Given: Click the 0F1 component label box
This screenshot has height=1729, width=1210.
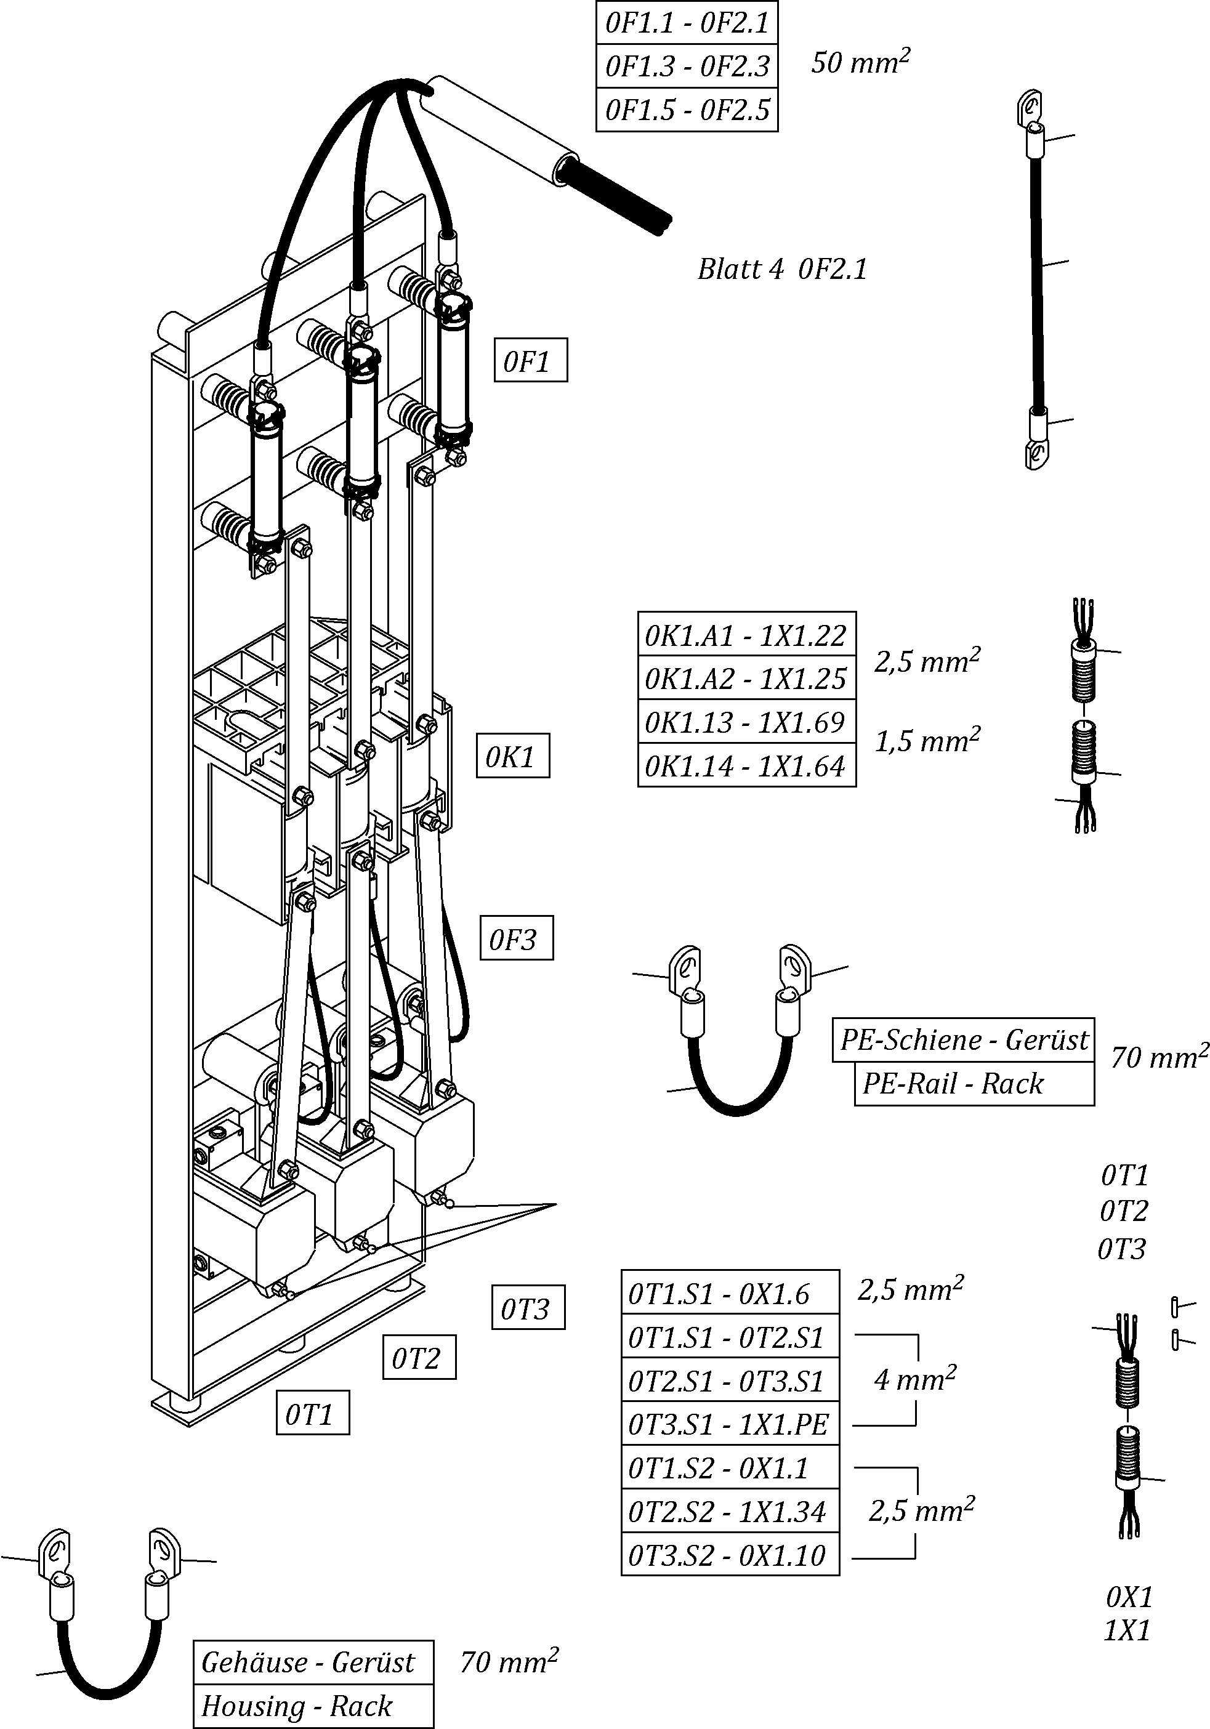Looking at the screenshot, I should [530, 361].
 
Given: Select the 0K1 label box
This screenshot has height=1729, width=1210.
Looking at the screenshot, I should [512, 756].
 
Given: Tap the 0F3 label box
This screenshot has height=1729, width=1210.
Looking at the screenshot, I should [516, 938].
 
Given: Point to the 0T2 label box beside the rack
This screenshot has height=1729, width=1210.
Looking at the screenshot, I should [419, 1358].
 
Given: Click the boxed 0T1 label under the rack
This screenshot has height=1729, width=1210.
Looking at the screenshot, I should [312, 1413].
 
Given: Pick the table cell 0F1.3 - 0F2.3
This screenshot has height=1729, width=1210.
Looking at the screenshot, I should [687, 66].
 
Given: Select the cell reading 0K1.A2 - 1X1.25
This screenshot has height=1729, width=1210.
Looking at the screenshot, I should [746, 678].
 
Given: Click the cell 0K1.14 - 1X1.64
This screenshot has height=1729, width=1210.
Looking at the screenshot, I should [746, 766].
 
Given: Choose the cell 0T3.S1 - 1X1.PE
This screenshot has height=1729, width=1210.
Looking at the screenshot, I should [729, 1423].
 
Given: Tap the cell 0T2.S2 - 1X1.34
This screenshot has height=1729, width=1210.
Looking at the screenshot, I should [729, 1510].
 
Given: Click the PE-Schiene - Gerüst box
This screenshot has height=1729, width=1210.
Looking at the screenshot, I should [963, 1040].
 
